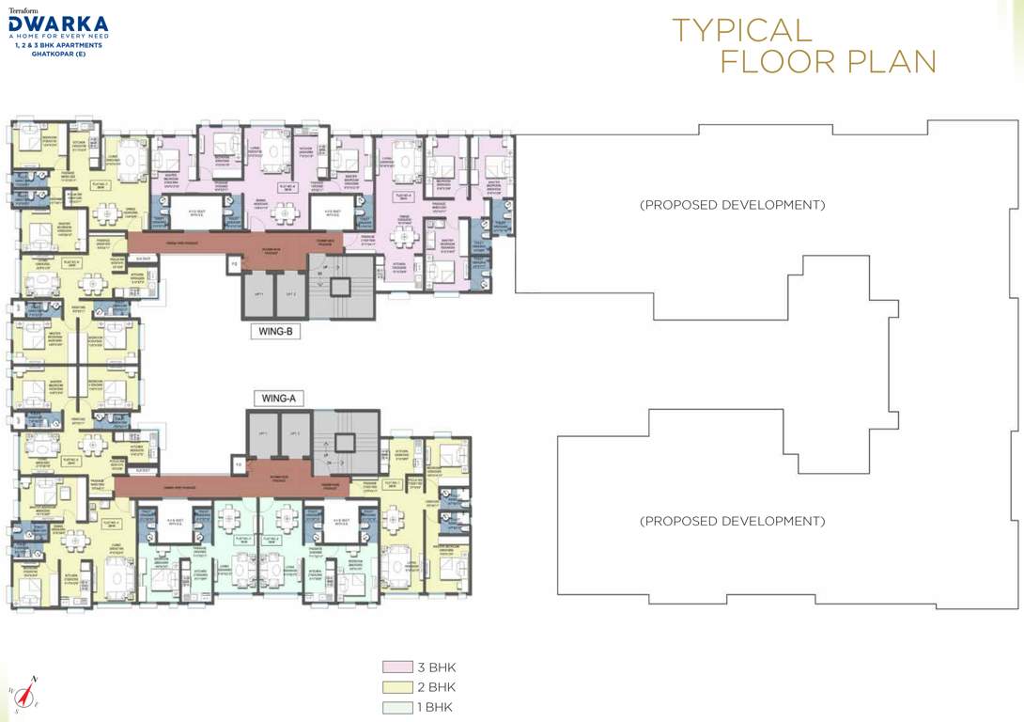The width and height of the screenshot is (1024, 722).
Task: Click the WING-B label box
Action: pyautogui.click(x=274, y=331)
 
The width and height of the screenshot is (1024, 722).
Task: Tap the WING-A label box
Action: pyautogui.click(x=279, y=399)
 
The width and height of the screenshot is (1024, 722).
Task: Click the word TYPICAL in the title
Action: pyautogui.click(x=742, y=29)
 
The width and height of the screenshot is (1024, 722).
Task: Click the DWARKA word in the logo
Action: pyautogui.click(x=58, y=23)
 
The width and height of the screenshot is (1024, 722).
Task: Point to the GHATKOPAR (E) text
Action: pyautogui.click(x=58, y=53)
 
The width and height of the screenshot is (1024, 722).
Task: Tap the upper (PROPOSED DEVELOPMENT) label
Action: pyautogui.click(x=732, y=205)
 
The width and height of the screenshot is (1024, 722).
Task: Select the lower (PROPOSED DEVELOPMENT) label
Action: pyautogui.click(x=732, y=521)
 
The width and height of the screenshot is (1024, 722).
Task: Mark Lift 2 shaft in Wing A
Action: pyautogui.click(x=295, y=436)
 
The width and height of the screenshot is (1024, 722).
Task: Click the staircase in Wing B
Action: pyautogui.click(x=344, y=286)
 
